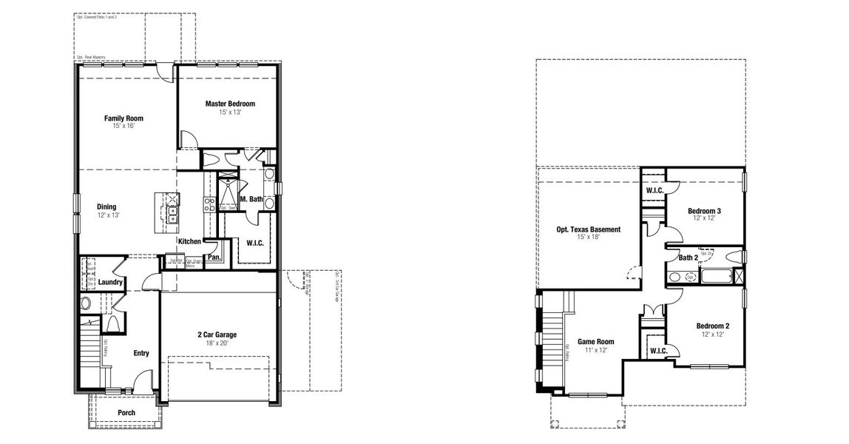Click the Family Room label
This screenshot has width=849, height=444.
[124, 118]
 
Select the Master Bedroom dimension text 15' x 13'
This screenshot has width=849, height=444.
[230, 112]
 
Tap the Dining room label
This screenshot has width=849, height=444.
[106, 206]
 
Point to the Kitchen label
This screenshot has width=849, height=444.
[190, 241]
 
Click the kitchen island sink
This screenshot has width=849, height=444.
[172, 215]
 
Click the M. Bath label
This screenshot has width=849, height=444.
[251, 199]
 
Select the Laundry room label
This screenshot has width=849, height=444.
[109, 282]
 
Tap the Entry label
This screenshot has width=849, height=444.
[141, 353]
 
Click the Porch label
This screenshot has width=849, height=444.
[126, 413]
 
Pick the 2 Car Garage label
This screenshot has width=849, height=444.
[217, 334]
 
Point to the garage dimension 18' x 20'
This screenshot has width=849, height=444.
[217, 343]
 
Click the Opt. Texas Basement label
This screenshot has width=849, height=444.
[588, 229]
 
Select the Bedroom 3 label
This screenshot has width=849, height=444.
[704, 210]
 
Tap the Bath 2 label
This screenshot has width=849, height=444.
[688, 258]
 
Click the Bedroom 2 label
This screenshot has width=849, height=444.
[712, 326]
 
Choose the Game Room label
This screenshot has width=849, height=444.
[595, 341]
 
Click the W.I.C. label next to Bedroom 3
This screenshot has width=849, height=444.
[654, 190]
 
